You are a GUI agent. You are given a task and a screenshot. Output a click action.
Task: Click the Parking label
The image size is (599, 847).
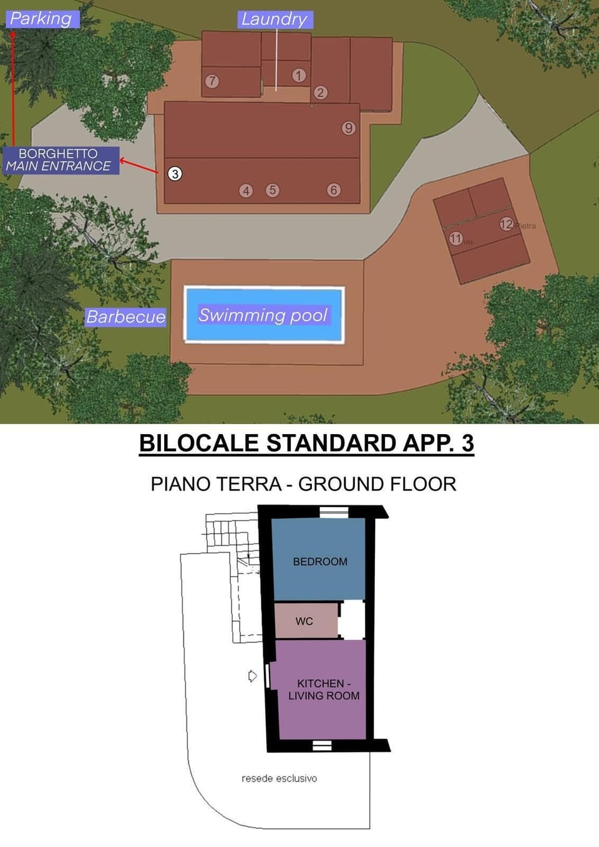(x=41, y=19)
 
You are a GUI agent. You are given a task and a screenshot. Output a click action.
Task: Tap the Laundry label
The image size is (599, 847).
(x=275, y=19)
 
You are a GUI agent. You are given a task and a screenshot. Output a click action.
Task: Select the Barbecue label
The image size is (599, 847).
(x=126, y=317)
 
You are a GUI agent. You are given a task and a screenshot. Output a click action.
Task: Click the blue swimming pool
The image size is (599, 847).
(x=264, y=315)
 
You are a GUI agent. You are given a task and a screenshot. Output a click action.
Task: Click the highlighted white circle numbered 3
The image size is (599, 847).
(x=175, y=174)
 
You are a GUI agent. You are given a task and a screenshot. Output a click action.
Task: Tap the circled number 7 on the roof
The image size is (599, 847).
(x=212, y=81)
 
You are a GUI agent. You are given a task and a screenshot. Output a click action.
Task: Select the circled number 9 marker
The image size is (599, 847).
(x=349, y=128)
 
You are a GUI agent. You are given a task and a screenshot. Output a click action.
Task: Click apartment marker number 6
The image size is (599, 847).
(x=334, y=190)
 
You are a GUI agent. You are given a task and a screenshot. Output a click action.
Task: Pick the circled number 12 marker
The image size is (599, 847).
(x=506, y=224)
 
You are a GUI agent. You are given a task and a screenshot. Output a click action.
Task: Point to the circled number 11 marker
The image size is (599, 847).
(x=456, y=238)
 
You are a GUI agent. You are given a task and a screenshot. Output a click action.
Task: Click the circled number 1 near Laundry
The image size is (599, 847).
(x=299, y=75)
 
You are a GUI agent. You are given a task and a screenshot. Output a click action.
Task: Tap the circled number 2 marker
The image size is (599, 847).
(x=321, y=92)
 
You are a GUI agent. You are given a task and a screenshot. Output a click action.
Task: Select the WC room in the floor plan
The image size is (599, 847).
(x=305, y=621)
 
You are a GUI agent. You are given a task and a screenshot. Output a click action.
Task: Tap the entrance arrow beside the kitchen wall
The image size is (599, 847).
(x=252, y=676)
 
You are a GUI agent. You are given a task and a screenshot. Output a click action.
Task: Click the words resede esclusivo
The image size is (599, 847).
(x=279, y=778)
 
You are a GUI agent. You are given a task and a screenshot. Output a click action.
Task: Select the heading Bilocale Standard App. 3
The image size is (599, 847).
(x=306, y=443)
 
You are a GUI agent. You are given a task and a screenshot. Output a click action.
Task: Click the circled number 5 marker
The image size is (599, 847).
(x=272, y=190)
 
